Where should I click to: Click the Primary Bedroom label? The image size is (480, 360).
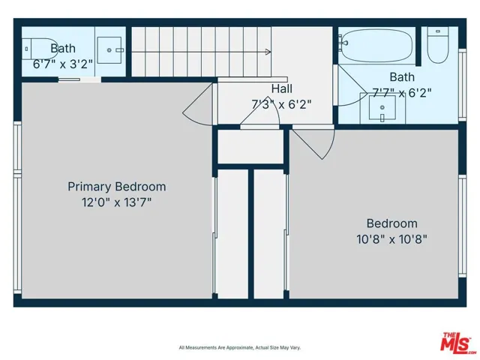click(117, 187)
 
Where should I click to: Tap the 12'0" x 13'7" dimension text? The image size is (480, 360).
click(117, 202)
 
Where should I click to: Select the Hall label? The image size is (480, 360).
click(282, 88)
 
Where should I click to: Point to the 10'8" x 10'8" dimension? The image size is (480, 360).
click(391, 239)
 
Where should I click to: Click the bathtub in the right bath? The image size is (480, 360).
click(375, 47)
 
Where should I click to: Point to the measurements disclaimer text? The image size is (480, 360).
click(239, 347)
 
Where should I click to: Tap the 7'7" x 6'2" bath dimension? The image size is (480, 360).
click(403, 91)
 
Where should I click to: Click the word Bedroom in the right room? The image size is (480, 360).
click(391, 223)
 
